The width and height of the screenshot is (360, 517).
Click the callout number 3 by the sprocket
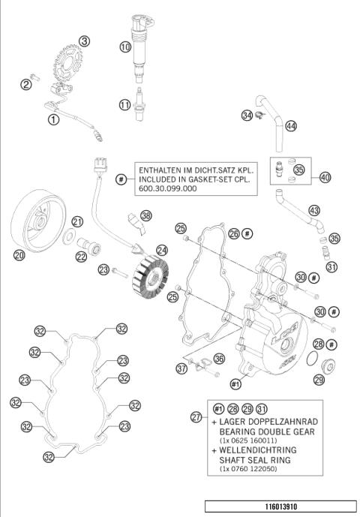[x=85, y=41]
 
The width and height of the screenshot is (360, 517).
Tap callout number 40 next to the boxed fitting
[x=324, y=178]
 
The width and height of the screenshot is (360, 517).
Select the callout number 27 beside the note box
[x=197, y=416]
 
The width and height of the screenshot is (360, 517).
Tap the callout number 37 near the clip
[x=181, y=368]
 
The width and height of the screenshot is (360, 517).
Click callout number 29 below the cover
[x=319, y=380]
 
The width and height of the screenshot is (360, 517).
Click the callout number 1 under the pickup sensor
[x=53, y=119]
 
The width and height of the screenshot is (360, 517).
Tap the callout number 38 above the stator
[x=145, y=215]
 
